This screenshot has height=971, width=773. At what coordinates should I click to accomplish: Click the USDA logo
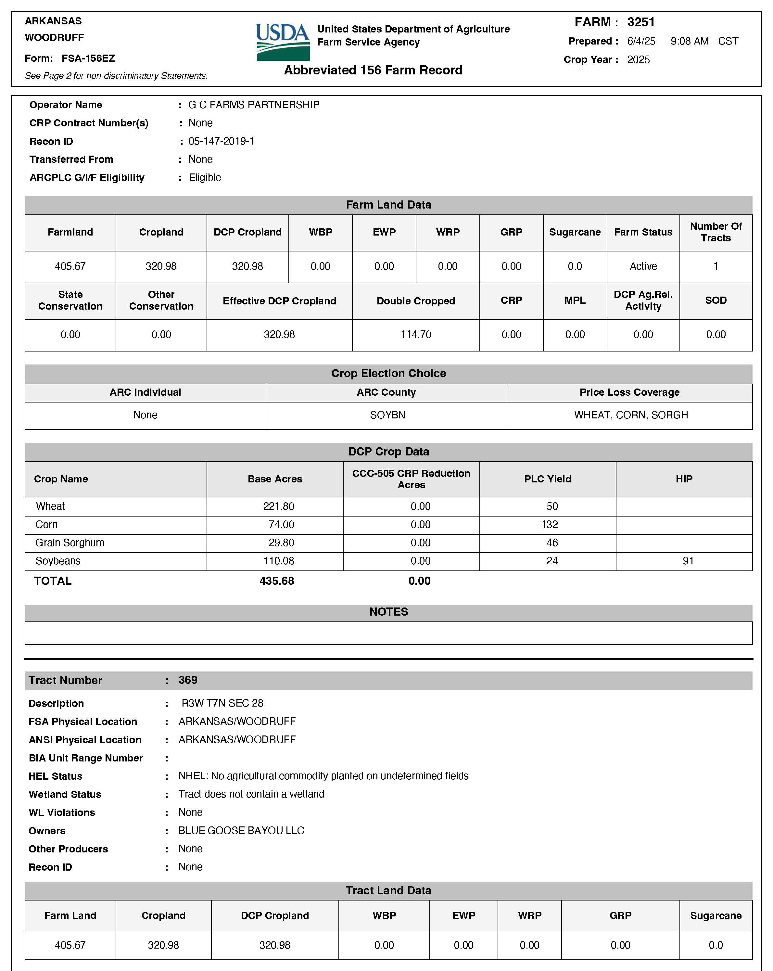pos(283,42)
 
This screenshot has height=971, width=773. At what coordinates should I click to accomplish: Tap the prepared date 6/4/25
pos(641,42)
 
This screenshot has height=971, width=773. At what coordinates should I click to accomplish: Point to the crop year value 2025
pos(639,60)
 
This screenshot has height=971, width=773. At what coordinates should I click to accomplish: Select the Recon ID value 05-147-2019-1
pos(221,141)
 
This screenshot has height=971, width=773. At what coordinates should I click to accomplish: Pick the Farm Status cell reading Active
pos(643,266)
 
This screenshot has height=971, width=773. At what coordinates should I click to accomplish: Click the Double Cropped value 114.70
pos(415,335)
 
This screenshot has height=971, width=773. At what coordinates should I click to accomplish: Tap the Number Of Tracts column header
pos(716,232)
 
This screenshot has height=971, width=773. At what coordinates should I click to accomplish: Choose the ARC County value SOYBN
pos(387,415)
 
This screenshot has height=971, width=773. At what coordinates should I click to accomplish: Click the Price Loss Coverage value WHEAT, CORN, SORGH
pos(631,415)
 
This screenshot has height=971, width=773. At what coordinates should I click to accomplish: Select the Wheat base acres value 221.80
pos(278,506)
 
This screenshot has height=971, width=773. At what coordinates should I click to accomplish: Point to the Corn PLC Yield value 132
pos(549,525)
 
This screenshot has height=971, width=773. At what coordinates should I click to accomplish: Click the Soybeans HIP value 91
pos(688,561)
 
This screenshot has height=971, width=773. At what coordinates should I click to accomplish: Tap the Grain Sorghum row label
pos(70,543)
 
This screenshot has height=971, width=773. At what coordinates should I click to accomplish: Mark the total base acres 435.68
pos(276,581)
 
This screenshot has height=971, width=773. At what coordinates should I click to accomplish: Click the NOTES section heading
pos(388,612)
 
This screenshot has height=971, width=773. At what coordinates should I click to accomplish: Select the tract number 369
pos(188,680)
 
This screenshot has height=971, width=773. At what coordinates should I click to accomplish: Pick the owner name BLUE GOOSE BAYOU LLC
pos(241,830)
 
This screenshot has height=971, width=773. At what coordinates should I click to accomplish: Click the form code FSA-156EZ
pos(88,58)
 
